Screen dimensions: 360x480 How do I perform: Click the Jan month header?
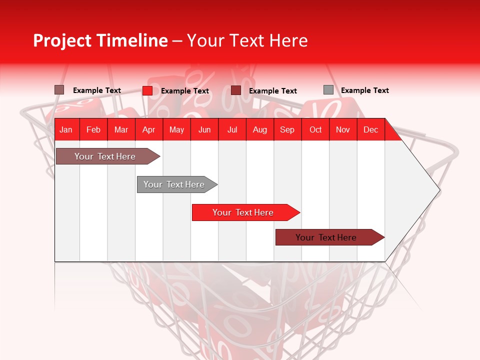click(x=66, y=129)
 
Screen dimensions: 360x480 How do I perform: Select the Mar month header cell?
click(x=121, y=129)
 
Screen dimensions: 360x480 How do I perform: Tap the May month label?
click(x=176, y=129)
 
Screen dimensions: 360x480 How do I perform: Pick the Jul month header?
click(x=232, y=129)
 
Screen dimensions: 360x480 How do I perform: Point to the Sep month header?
click(x=287, y=129)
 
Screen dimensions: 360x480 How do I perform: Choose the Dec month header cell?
click(x=370, y=129)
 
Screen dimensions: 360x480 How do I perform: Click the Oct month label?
click(x=315, y=129)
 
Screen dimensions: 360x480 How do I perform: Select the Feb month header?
click(x=93, y=129)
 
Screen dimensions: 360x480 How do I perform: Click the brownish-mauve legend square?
click(x=59, y=90)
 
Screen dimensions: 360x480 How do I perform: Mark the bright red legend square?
click(x=147, y=90)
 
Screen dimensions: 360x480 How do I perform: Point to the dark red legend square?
click(x=236, y=90)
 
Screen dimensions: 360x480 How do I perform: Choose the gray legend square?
click(x=328, y=90)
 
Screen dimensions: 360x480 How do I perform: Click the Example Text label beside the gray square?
click(x=364, y=90)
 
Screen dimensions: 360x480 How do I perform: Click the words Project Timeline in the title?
click(x=100, y=40)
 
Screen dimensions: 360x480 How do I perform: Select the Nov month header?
click(x=343, y=129)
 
